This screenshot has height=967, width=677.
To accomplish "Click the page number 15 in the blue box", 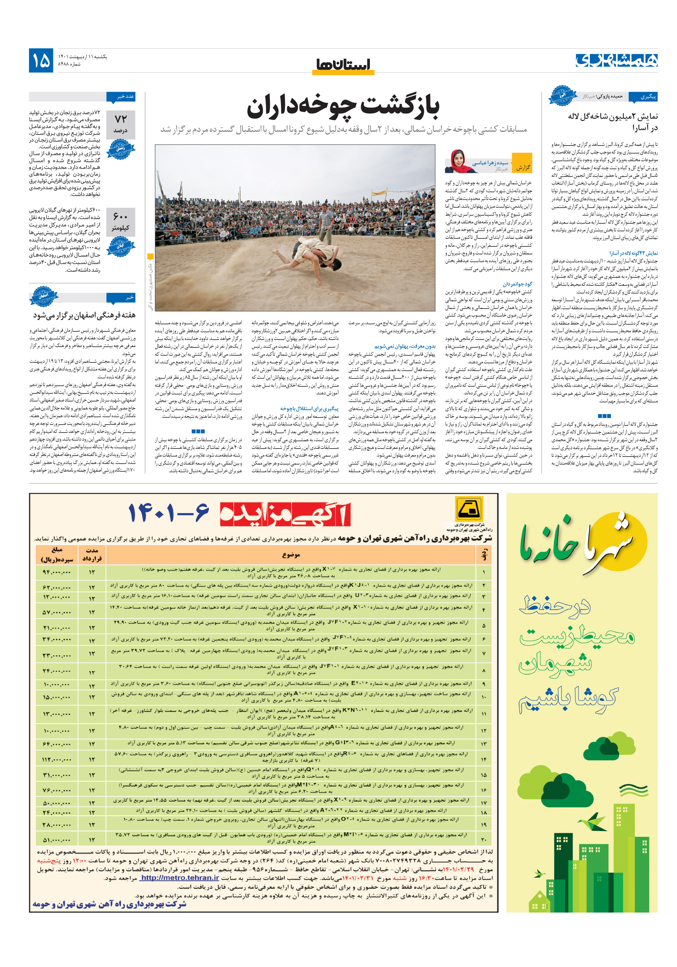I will pos(41,61).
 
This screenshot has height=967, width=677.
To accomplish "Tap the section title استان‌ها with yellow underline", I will pos(343,65).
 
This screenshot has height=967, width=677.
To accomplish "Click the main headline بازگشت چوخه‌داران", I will pos(343,107).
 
